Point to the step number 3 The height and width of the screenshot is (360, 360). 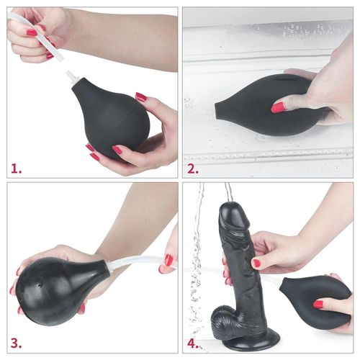tap(16, 343)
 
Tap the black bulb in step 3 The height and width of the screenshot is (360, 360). tap(58, 288)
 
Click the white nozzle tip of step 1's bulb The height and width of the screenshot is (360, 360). tap(73, 76)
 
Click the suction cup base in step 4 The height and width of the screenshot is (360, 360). tap(241, 341)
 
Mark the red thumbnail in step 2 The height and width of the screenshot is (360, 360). tap(277, 107)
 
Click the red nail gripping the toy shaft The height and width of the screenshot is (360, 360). tap(256, 264)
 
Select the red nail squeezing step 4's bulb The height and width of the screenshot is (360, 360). tap(318, 305)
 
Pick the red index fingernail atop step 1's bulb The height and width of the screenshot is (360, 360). tap(141, 96)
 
